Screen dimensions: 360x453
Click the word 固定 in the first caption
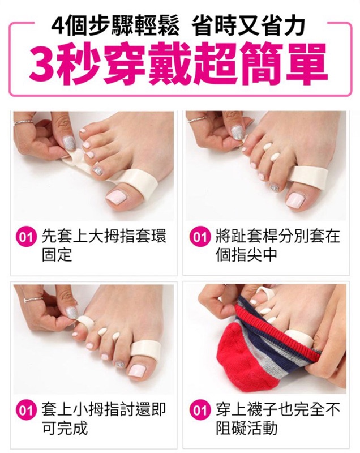click(57, 255)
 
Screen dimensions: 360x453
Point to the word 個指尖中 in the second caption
click(246, 255)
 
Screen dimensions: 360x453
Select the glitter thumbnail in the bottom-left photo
click(72, 313)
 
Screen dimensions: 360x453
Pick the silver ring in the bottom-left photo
click(33, 300)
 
